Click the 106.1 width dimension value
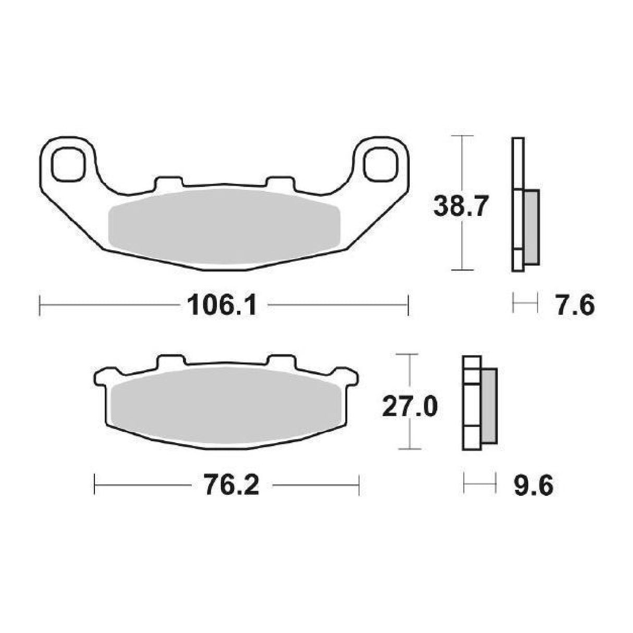222,305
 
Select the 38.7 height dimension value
461,208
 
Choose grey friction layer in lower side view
490,406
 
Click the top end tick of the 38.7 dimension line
461,136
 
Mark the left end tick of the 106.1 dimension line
41,305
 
